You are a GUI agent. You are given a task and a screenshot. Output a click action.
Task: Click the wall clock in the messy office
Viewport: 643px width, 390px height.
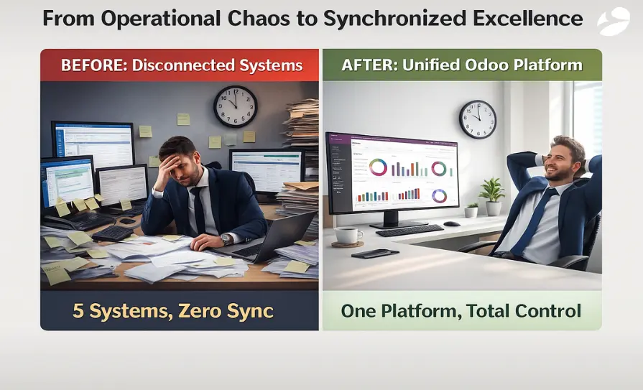(x=235, y=106)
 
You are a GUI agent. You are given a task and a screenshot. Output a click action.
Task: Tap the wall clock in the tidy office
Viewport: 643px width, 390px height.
(x=477, y=119)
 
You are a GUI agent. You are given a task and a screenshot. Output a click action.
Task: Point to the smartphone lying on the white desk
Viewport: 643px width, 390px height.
(x=375, y=253)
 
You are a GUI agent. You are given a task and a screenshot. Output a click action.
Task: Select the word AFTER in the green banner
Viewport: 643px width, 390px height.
(x=369, y=65)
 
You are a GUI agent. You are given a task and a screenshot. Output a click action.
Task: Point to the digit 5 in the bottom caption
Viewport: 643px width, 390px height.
(x=77, y=311)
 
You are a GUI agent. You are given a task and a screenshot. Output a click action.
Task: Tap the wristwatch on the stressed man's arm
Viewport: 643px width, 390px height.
(x=226, y=239)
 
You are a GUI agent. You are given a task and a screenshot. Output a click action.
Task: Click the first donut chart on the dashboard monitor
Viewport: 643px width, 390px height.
(x=378, y=167)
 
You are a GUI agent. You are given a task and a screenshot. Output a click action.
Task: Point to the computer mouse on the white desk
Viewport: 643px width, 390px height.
(x=451, y=224)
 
